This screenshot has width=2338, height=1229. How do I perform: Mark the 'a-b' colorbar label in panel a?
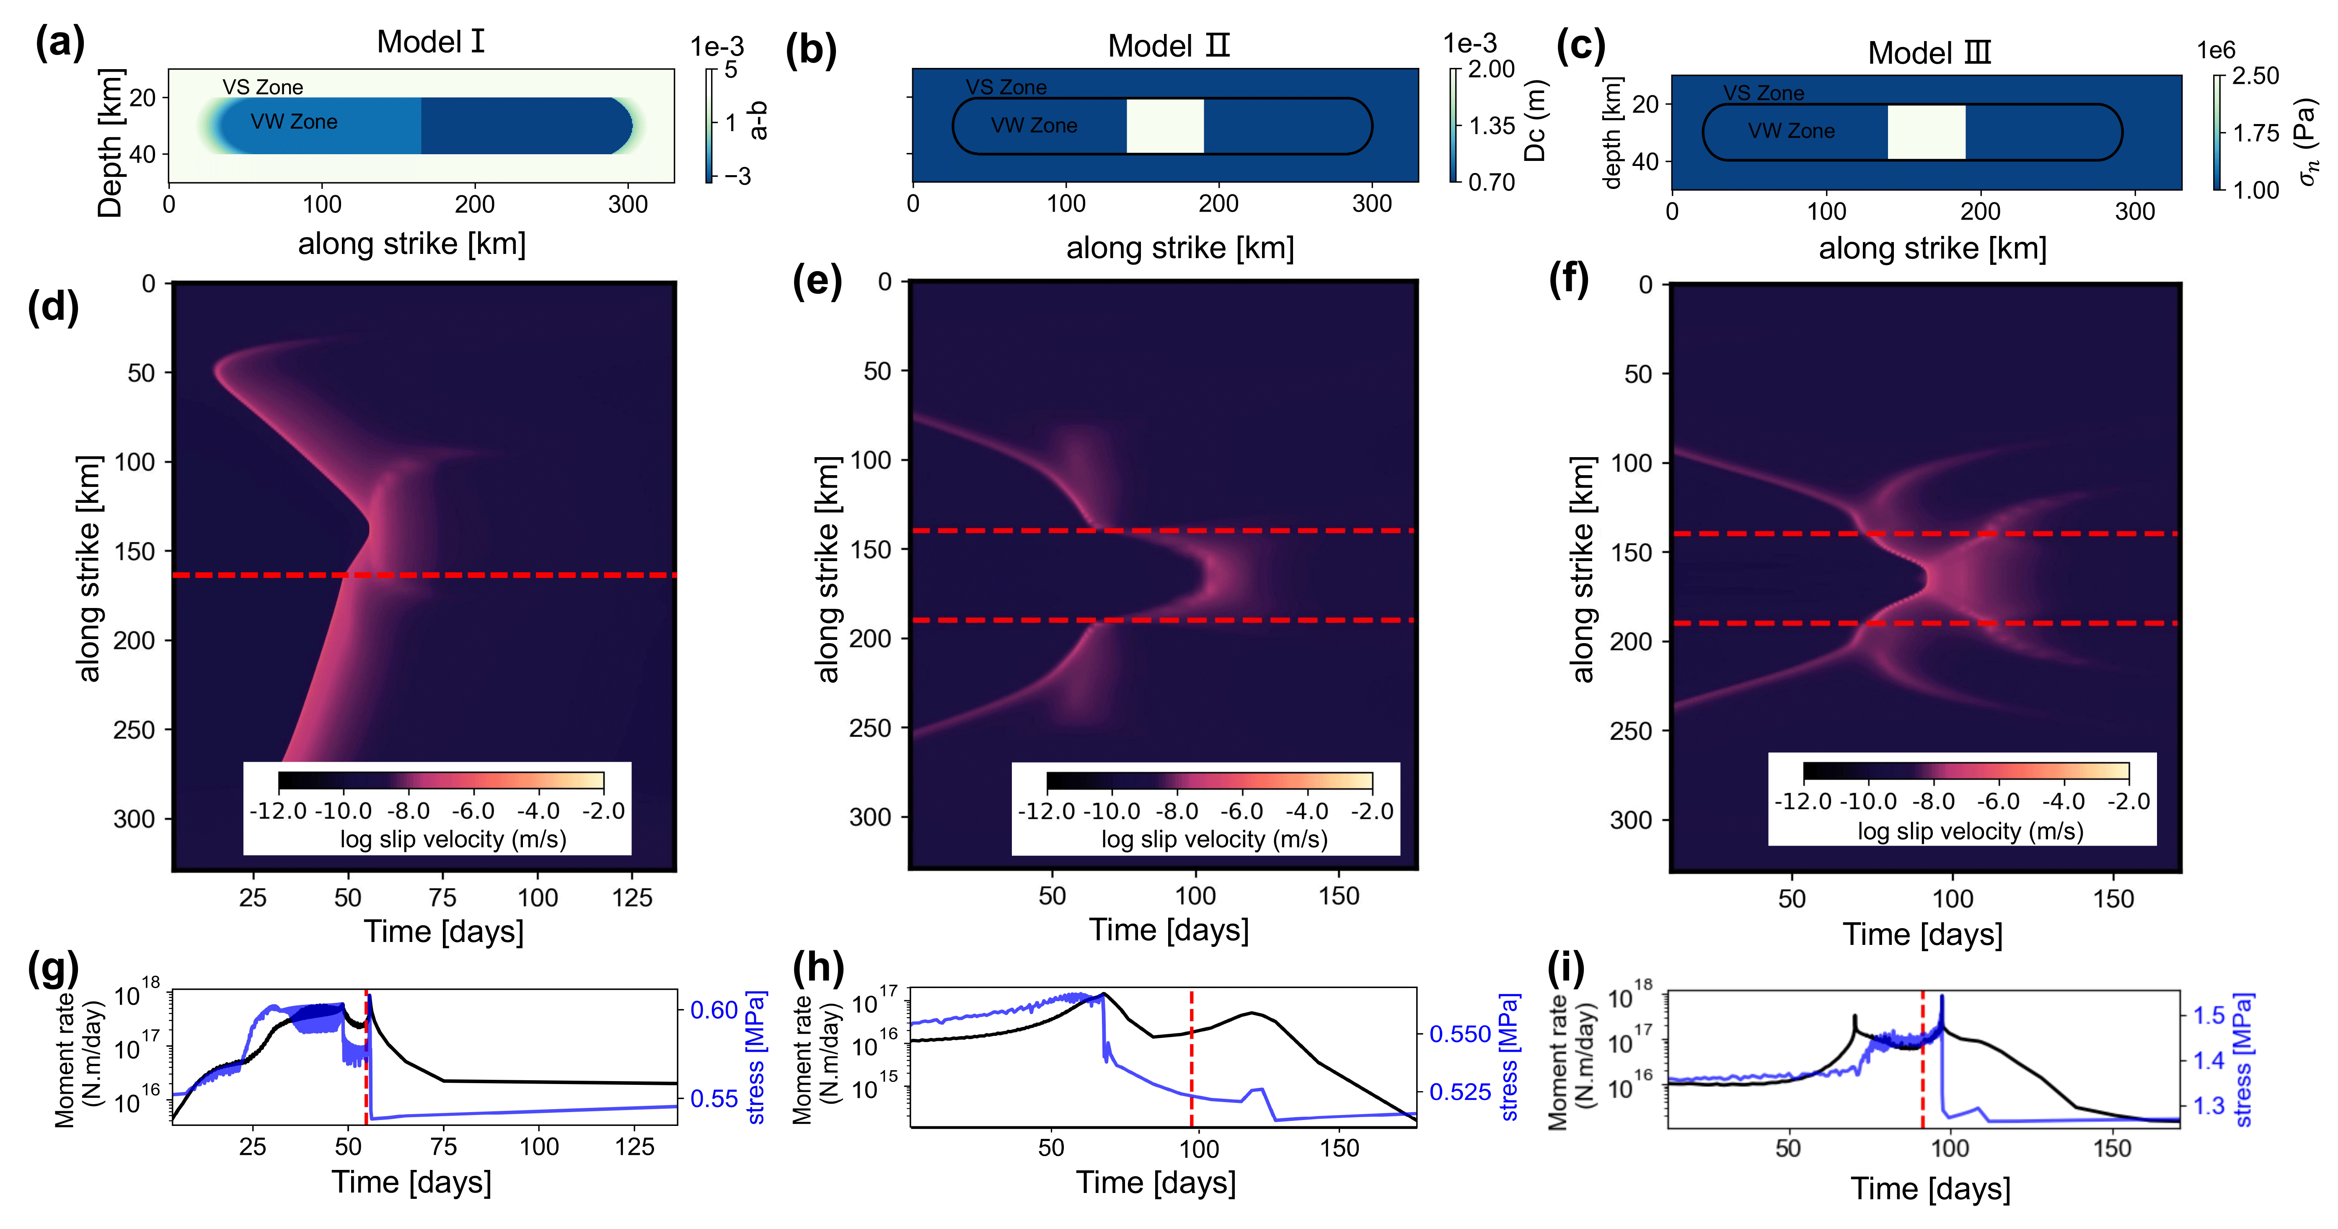pos(759,121)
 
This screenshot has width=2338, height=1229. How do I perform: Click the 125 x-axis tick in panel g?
pos(634,1147)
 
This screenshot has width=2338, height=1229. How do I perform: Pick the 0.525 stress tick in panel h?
pos(1459,1092)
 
